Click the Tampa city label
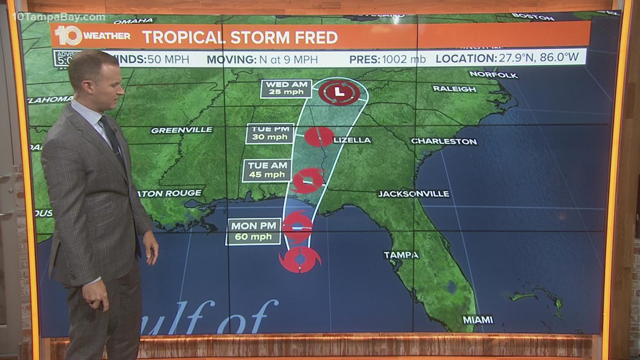pos(401,255)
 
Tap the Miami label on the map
pos(478,320)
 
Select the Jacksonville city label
pos(413,194)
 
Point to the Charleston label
pos(444,141)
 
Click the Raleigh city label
pos(454,89)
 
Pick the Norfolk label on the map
pos(493,74)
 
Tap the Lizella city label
pos(352,140)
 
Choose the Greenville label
pos(181,130)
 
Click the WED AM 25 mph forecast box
pos(286,88)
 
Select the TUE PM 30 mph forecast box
pos(270,134)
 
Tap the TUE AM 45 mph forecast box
pos(267,171)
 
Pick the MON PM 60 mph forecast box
pos(254,231)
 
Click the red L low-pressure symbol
pos(339,92)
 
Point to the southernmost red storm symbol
pos(299,259)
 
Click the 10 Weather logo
pos(92,37)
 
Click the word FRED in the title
pos(318,38)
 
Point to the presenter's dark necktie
pos(112,138)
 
